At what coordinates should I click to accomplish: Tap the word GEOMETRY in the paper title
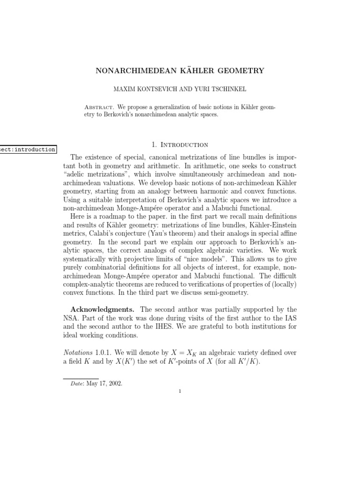[240, 71]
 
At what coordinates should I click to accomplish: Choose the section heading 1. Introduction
[180, 145]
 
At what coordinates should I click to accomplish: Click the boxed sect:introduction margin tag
[28, 150]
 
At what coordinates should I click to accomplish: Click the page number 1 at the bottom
[180, 392]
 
